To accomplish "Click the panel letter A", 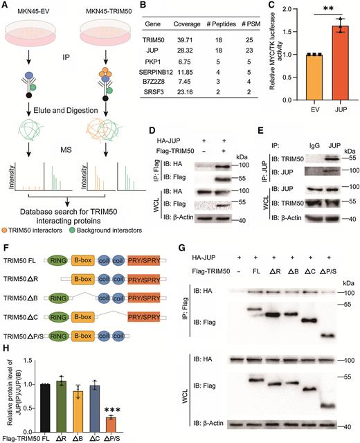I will coord(6,6).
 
